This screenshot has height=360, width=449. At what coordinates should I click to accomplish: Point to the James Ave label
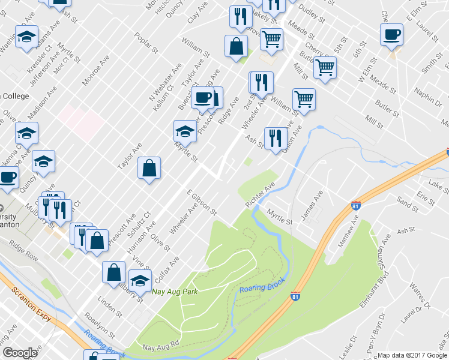pyautogui.click(x=312, y=205)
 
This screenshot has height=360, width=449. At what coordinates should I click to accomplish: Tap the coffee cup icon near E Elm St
pyautogui.click(x=391, y=34)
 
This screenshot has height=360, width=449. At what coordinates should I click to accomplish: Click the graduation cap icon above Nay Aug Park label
pyautogui.click(x=140, y=280)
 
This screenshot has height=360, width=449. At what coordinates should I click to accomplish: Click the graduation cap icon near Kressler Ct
pyautogui.click(x=26, y=37)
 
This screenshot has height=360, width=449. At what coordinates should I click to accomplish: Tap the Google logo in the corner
pyautogui.click(x=20, y=353)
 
